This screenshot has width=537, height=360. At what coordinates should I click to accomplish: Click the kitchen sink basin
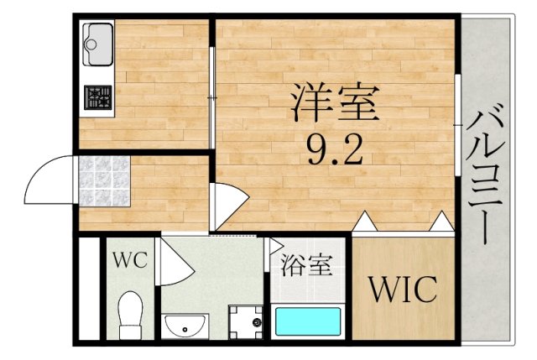coord(98,44)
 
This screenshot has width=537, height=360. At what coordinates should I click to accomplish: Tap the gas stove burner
coord(98,97)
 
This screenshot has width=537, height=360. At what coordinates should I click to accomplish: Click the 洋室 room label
coord(335,102)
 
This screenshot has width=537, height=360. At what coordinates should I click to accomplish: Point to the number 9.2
coord(335,149)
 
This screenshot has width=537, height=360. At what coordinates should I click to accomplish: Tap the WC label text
coord(130,260)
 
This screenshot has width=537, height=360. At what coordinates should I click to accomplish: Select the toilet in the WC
coord(131,316)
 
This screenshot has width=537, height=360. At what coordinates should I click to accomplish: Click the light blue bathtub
coord(308,321)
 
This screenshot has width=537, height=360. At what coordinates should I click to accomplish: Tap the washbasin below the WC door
coord(185,326)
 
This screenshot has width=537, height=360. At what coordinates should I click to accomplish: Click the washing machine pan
coord(246,322)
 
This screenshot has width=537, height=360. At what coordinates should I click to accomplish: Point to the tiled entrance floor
coord(104,181)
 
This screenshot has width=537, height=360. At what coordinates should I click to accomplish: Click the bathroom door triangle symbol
coord(276,246)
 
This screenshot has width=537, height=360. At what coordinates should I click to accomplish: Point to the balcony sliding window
coord(457,125)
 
